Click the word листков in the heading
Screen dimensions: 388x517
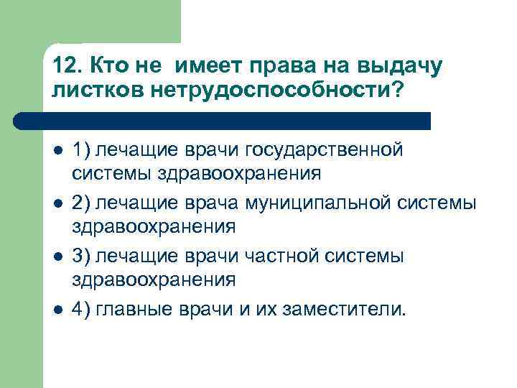click(x=98, y=91)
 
